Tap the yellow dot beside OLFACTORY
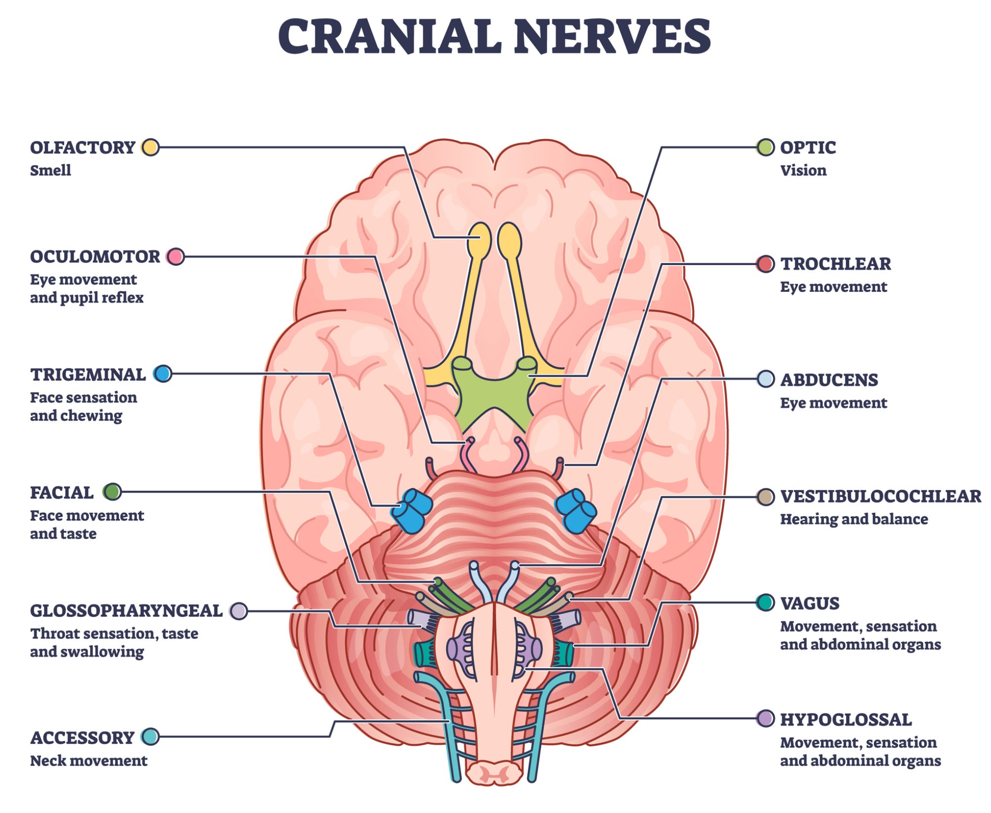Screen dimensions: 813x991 tap(150, 147)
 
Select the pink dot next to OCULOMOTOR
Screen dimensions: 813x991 tap(175, 257)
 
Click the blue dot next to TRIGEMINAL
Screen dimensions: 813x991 tap(162, 374)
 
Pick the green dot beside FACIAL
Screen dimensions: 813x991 tap(112, 492)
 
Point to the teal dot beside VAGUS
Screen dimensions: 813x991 tap(765, 602)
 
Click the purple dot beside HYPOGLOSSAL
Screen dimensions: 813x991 tap(766, 719)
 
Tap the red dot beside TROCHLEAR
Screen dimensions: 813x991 tap(766, 264)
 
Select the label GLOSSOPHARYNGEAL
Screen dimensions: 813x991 tap(126, 611)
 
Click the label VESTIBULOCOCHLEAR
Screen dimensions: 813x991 tap(880, 496)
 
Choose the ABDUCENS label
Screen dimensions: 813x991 tap(829, 380)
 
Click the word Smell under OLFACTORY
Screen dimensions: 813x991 tap(50, 170)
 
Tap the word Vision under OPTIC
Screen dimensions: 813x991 tap(803, 170)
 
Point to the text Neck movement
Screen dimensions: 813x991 tap(89, 761)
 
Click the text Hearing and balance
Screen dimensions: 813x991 tap(854, 519)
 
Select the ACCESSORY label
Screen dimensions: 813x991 tap(82, 738)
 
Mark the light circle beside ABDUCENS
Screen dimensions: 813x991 tap(766, 379)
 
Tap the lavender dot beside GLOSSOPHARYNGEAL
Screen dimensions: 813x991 tap(239, 611)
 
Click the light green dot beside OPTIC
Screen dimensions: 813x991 tap(766, 147)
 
